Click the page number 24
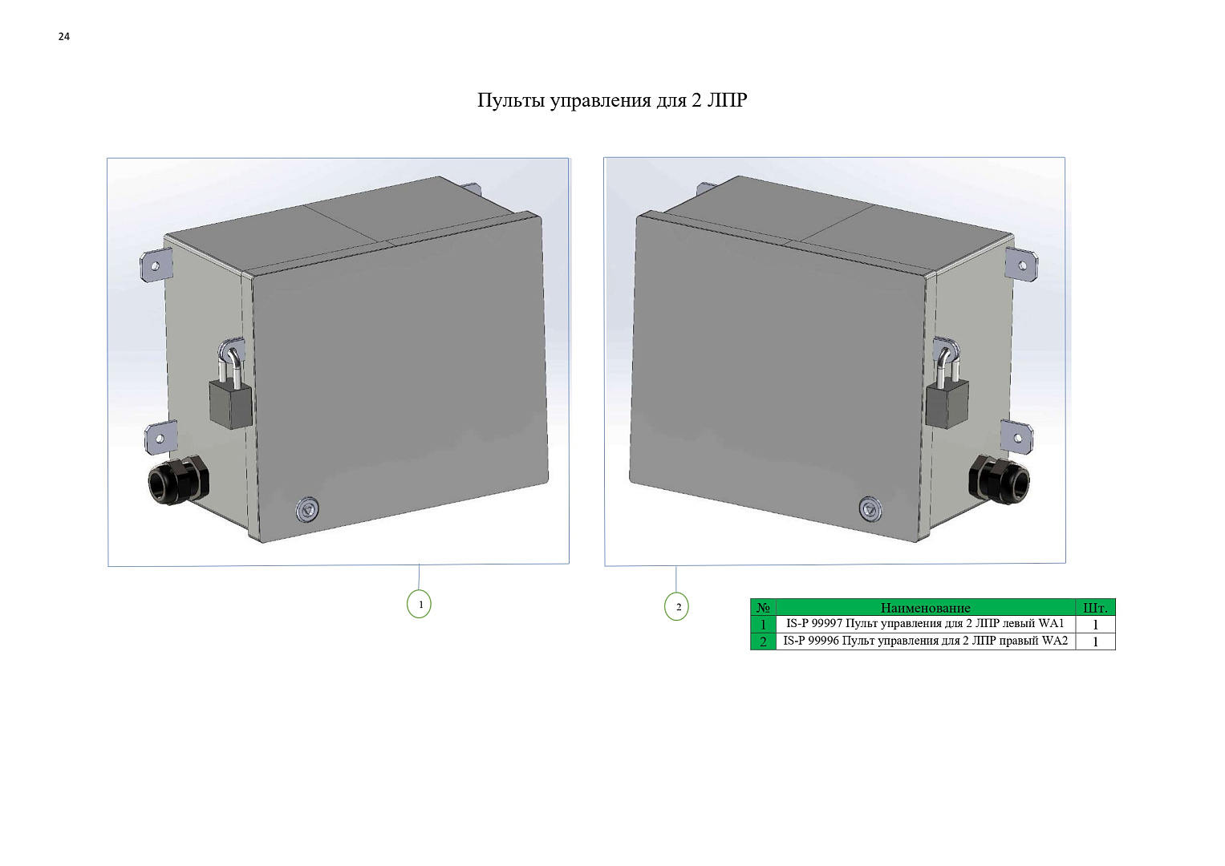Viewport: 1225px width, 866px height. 64,37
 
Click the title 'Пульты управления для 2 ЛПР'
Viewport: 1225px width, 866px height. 612,100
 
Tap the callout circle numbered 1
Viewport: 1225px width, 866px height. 419,604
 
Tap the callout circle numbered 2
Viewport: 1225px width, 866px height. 676,606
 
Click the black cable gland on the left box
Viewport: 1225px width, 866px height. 179,481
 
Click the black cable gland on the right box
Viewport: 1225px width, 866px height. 999,480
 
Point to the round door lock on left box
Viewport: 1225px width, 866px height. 308,509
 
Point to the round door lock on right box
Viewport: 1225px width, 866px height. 870,509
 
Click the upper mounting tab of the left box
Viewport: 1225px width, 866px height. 156,265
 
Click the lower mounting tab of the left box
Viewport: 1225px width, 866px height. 160,439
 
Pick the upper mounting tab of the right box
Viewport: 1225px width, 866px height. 1021,265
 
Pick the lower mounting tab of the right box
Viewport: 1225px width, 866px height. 1016,437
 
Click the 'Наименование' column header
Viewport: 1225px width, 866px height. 925,608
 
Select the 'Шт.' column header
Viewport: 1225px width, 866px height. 1095,608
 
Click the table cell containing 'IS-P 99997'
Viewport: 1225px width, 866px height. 925,624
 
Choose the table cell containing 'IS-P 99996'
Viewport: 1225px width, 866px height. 925,641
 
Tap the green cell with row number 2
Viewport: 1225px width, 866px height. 763,641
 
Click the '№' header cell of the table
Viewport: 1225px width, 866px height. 763,608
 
